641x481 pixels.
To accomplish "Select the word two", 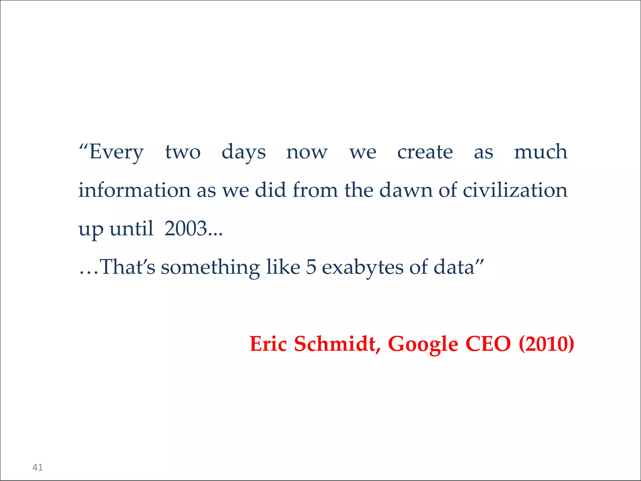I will pos(183,153).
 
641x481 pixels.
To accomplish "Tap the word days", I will pos(244,153).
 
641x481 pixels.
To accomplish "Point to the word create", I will pos(425,153).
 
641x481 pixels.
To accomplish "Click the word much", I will pos(541,152).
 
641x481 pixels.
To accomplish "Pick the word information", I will pos(134,190).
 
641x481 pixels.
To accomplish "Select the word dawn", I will pos(406,190).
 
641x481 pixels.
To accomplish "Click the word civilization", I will pos(515,190).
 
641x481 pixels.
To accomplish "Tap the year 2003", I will pos(186,229).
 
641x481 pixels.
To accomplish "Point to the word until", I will pos(131,229).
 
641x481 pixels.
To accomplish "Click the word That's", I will pos(127,267).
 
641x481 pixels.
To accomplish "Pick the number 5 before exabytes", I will pos(311,267).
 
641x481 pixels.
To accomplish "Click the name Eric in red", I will pos(268,344).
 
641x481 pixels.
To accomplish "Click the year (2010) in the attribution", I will pos(546,344).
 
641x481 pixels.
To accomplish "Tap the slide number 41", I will pos(38,468).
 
